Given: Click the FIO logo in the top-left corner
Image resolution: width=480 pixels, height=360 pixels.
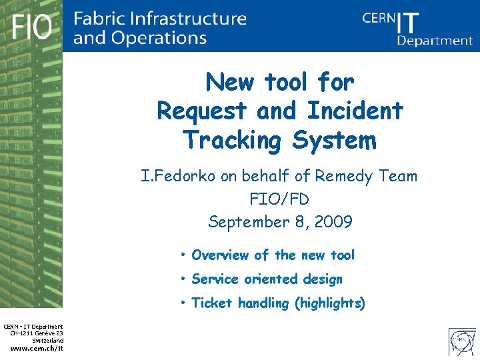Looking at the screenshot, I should click(x=31, y=27).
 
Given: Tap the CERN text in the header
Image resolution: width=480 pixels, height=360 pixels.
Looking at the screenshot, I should click(x=379, y=19).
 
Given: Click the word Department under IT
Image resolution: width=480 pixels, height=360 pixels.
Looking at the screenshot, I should click(x=435, y=40).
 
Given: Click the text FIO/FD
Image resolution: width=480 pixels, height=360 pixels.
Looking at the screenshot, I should click(x=279, y=199).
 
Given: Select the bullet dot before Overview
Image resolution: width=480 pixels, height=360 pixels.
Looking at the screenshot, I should click(x=182, y=255).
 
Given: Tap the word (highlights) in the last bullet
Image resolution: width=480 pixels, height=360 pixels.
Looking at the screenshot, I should click(x=329, y=303).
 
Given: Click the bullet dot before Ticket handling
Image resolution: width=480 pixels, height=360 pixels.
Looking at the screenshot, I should click(x=182, y=303).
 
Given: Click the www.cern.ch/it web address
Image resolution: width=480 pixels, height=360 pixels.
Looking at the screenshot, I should click(x=37, y=347).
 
